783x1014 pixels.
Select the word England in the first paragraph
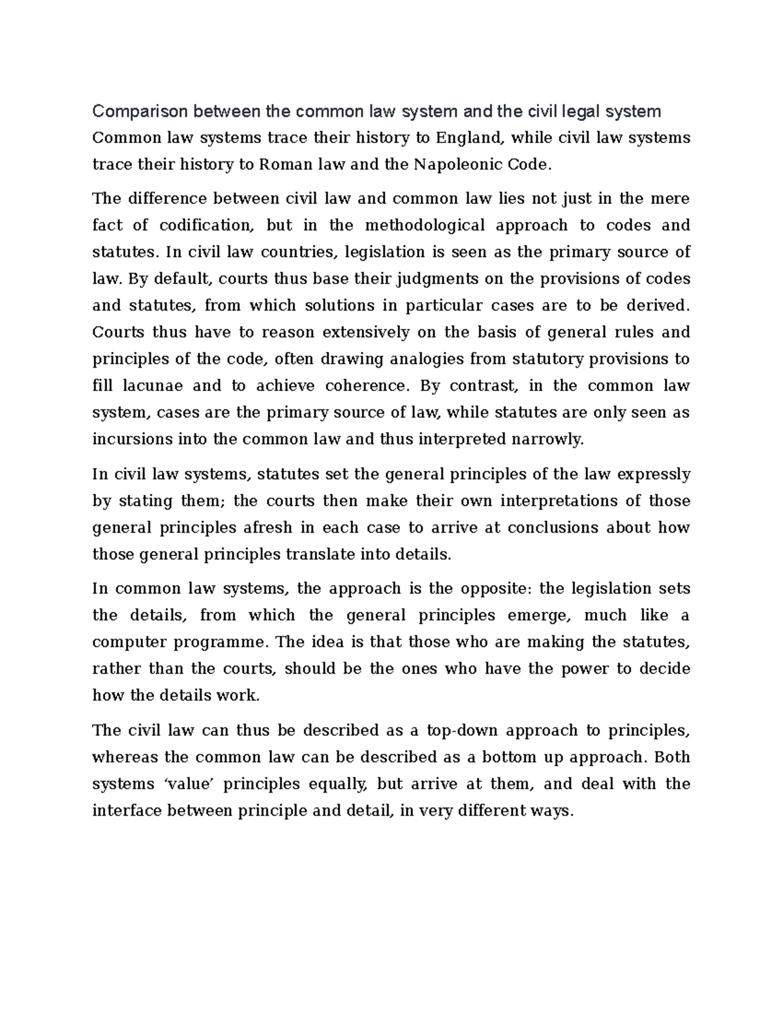click(x=470, y=138)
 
